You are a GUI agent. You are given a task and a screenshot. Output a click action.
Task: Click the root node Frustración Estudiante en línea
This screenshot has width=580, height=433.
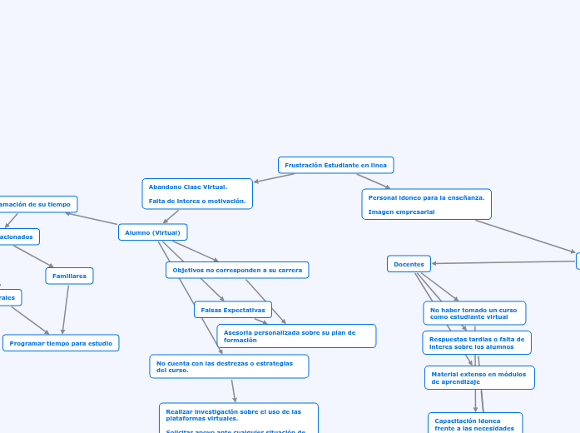tap(335, 165)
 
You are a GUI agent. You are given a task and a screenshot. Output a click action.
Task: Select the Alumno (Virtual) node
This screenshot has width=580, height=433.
tap(152, 232)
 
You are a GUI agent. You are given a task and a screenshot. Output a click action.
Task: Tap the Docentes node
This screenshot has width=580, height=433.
tap(409, 264)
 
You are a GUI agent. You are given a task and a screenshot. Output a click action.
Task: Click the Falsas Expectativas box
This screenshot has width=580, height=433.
tap(233, 310)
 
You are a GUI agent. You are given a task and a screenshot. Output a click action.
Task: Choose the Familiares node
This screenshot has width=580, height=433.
tap(69, 276)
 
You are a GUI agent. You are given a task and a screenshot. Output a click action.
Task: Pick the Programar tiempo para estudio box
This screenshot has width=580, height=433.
tap(61, 343)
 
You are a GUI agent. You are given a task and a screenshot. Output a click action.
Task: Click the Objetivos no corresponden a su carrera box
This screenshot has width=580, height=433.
tap(237, 270)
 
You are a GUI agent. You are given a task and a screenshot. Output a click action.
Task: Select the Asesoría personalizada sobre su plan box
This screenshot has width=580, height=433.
tap(295, 336)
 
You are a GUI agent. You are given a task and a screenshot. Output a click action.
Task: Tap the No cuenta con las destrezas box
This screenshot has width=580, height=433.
tap(229, 366)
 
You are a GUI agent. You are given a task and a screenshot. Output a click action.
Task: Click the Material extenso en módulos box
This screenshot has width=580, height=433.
tap(478, 378)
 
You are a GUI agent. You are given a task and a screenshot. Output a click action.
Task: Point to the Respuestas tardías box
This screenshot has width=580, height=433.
tap(477, 342)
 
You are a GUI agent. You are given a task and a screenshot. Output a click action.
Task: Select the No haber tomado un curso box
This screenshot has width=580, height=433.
tap(474, 313)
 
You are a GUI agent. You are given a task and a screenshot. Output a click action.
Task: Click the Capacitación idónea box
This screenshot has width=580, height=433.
tap(474, 424)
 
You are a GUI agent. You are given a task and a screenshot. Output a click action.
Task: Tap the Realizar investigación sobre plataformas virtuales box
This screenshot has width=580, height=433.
tap(238, 416)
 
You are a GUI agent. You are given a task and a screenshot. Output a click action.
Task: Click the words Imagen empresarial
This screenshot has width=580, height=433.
tap(401, 212)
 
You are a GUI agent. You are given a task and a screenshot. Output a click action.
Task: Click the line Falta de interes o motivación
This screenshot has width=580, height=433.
tap(197, 201)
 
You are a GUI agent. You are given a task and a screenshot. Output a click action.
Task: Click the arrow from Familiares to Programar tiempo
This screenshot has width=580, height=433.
tap(65, 309)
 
